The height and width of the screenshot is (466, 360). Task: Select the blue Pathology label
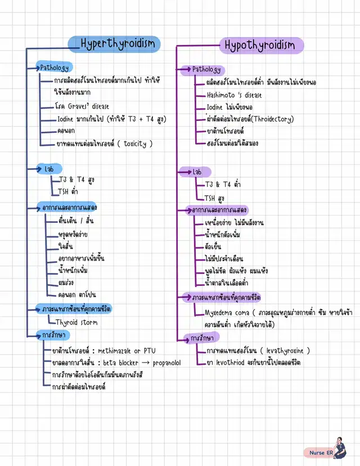click(54, 68)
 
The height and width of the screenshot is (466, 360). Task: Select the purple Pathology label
click(207, 69)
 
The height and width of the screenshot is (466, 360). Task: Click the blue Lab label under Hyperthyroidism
click(49, 169)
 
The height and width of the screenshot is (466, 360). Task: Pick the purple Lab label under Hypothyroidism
click(197, 172)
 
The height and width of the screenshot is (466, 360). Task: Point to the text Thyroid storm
click(76, 322)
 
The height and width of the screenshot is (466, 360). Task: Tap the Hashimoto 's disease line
click(233, 95)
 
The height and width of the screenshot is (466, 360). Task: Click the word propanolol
click(166, 363)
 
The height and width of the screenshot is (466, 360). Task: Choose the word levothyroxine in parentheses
click(284, 351)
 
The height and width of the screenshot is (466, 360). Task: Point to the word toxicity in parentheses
click(134, 144)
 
